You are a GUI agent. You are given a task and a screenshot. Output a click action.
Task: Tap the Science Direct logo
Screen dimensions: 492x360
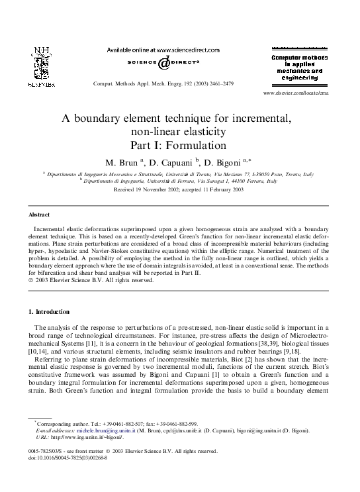tap(163, 62)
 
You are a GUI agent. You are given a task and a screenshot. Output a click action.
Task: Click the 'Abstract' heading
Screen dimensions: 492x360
tap(39, 215)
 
